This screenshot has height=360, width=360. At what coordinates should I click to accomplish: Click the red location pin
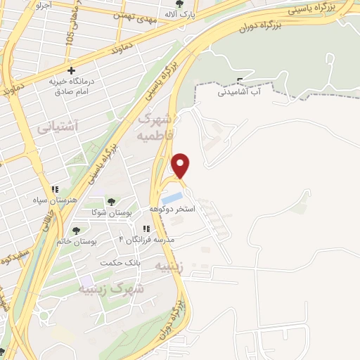coord(181,165)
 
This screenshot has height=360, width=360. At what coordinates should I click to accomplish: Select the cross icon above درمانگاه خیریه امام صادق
coord(72,70)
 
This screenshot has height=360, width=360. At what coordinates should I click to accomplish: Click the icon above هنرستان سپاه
coord(53,188)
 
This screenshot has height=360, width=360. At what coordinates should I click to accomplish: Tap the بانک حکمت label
coord(120,262)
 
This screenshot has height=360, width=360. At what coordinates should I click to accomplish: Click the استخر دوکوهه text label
coord(172,210)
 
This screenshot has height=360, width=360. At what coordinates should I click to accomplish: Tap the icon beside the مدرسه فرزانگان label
coord(146,229)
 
